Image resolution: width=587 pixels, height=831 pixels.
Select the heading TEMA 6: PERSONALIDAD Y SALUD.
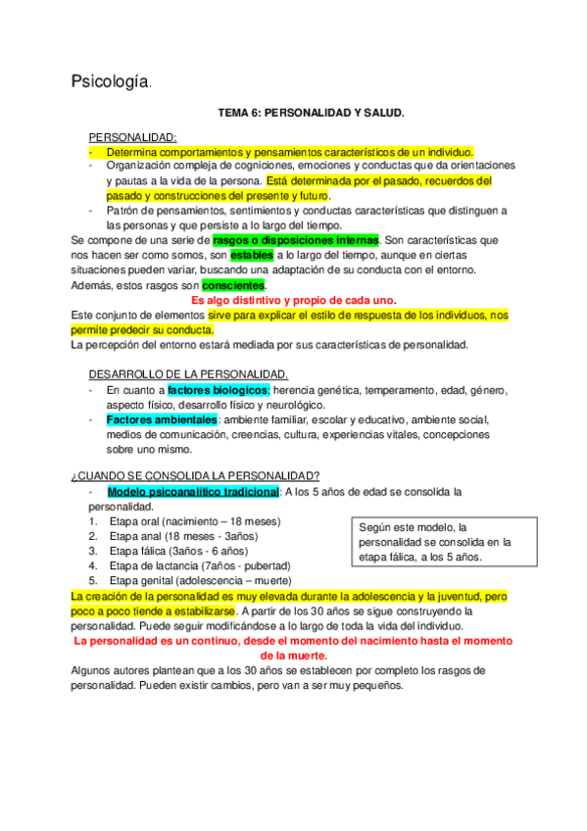297,114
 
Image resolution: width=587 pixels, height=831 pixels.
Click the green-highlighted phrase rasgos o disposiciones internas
295,240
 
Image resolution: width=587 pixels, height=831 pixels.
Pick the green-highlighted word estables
252,255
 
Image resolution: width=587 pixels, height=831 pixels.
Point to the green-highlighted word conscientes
233,285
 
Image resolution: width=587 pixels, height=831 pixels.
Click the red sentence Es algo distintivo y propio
293,300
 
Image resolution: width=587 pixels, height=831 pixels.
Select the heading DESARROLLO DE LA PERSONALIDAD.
188,374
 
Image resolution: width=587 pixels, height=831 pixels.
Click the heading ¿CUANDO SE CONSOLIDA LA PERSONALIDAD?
195,476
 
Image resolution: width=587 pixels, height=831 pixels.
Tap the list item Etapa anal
183,536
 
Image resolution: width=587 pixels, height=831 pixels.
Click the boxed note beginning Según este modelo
436,542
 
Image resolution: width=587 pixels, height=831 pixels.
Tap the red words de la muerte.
294,655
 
